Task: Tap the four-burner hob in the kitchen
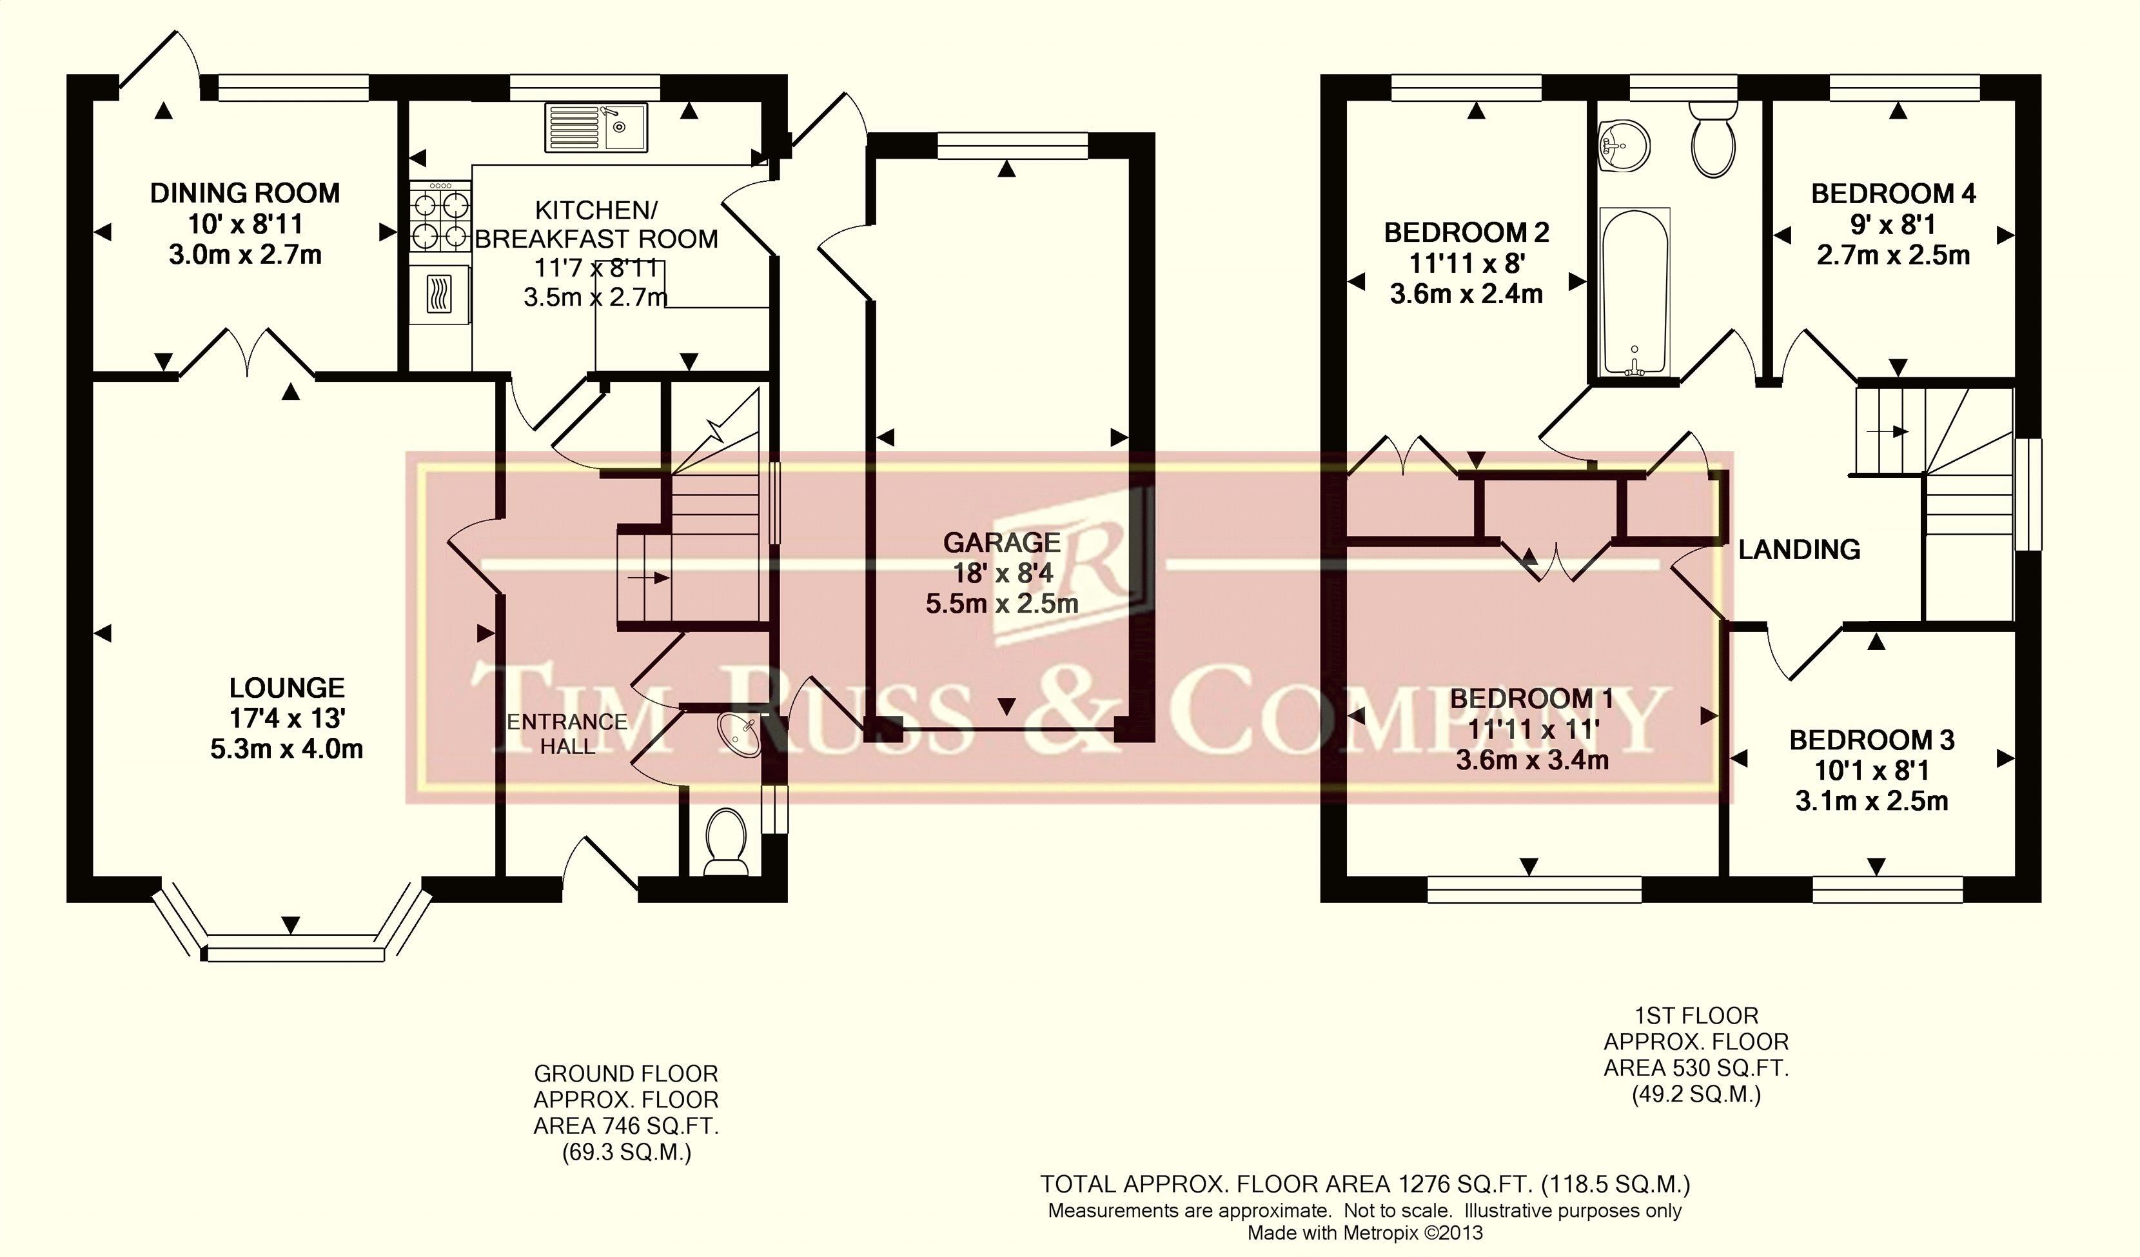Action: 440,217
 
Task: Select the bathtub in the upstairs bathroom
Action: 1634,292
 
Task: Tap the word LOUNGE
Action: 287,688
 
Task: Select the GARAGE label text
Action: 1002,542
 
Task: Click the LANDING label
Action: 1800,549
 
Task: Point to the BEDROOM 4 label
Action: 1893,193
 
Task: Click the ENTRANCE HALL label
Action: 567,734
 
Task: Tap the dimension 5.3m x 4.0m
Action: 287,749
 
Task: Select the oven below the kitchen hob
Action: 440,294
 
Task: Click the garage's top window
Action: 1012,147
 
